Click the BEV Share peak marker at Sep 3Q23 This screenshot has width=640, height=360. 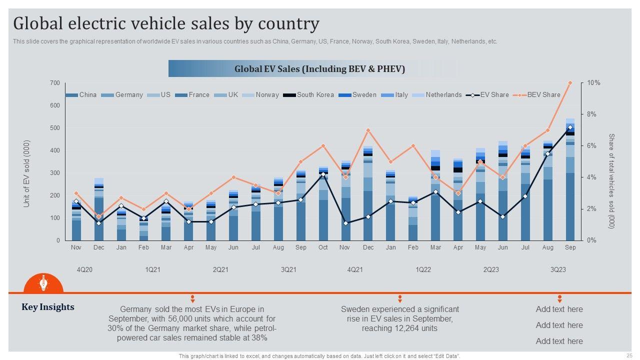click(570, 83)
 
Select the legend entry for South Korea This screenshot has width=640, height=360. click(315, 95)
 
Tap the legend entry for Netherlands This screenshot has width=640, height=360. click(443, 95)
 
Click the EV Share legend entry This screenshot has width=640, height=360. click(494, 95)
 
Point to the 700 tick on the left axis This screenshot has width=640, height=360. click(54, 83)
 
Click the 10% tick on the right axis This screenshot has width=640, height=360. click(593, 83)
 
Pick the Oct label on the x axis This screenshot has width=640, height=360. click(323, 247)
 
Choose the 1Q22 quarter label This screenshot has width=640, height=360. click(423, 269)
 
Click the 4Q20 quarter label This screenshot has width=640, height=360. click(84, 269)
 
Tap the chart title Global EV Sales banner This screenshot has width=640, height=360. click(319, 69)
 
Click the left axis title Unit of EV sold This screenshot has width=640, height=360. click(27, 173)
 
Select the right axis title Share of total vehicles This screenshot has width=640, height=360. click(610, 181)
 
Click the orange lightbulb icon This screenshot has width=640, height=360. click(43, 283)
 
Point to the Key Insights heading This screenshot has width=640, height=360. click(48, 307)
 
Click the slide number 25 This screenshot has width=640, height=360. click(628, 355)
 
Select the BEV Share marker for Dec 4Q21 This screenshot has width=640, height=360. click(368, 130)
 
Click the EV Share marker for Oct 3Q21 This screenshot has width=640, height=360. click(323, 174)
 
